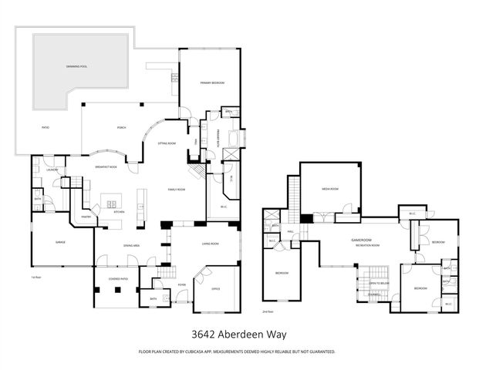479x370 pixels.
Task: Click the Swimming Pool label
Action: [x=76, y=67]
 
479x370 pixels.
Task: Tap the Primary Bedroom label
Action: [x=212, y=82]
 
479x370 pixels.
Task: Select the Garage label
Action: [x=59, y=242]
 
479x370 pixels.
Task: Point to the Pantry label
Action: [x=86, y=217]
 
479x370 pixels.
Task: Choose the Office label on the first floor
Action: [x=216, y=289]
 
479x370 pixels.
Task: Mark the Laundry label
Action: [x=52, y=170]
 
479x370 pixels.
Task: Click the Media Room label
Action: [x=329, y=187]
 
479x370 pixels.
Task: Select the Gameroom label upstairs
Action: [x=362, y=240]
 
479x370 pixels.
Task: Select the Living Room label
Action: [x=211, y=244]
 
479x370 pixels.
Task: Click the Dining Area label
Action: [x=131, y=245]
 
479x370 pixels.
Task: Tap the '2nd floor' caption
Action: [x=267, y=312]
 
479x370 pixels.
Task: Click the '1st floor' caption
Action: [x=35, y=276]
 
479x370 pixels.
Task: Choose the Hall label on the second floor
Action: [x=292, y=231]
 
